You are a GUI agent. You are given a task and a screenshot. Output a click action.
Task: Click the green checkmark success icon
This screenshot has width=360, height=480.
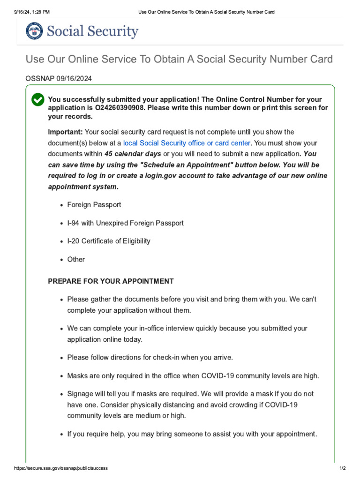tap(37, 100)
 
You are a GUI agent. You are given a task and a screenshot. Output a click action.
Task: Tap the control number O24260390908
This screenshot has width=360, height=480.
tap(125, 108)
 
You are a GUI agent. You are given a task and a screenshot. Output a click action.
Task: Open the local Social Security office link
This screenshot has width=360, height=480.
tap(187, 143)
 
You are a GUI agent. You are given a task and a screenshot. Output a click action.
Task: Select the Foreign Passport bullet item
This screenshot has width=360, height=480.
tap(94, 205)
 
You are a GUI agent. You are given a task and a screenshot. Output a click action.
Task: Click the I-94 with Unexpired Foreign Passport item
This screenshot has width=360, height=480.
tap(125, 223)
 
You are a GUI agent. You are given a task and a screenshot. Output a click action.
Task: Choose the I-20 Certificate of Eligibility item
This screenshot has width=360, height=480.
tap(109, 241)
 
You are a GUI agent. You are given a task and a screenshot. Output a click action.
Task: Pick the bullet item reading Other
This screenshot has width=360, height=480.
tap(76, 259)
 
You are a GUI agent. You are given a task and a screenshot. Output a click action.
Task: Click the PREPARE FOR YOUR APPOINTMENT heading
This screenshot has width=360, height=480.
tap(111, 281)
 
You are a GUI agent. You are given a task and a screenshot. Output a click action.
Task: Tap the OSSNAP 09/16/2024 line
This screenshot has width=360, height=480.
tap(59, 79)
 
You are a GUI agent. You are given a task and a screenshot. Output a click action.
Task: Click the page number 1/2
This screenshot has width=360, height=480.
tap(342, 468)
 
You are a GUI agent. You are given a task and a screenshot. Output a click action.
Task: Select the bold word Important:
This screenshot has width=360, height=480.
tap(65, 132)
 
